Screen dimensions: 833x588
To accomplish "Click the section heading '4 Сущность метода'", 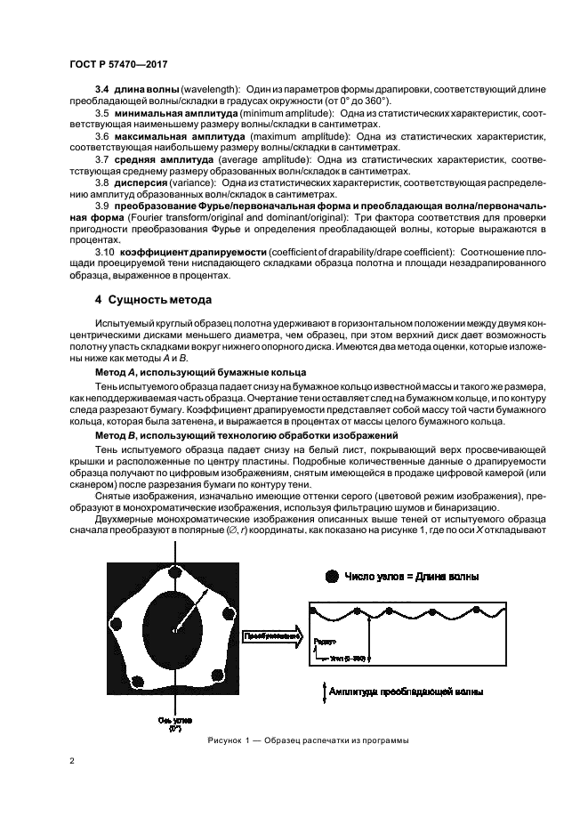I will click(153, 299).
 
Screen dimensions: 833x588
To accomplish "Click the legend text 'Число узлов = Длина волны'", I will click(411, 577).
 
